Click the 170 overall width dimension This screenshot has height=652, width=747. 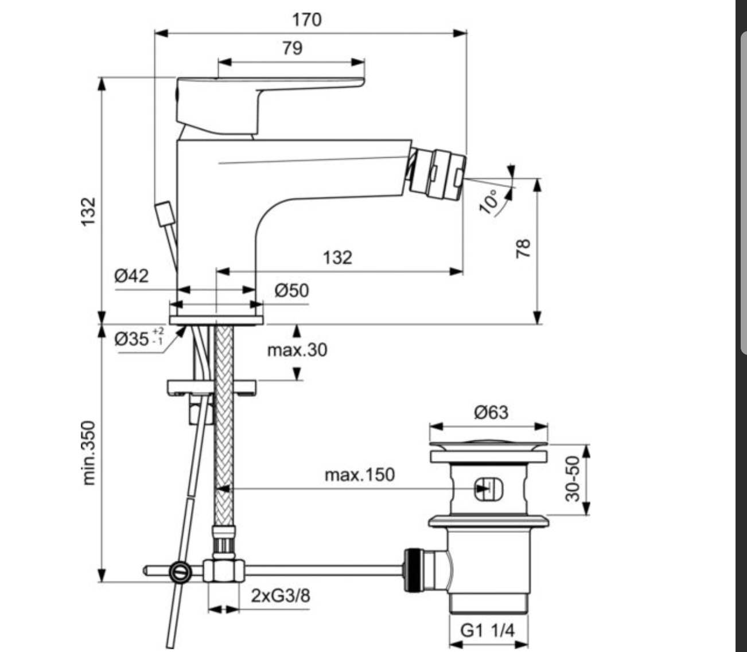pyautogui.click(x=307, y=20)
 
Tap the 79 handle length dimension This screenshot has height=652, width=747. pyautogui.click(x=292, y=48)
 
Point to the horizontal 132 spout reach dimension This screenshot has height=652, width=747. pyautogui.click(x=337, y=257)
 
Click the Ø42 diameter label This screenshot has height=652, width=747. pyautogui.click(x=131, y=276)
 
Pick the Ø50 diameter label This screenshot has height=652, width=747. pyautogui.click(x=291, y=291)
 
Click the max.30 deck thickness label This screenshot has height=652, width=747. pyautogui.click(x=297, y=349)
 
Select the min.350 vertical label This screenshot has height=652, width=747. pyautogui.click(x=88, y=452)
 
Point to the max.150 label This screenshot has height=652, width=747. pyautogui.click(x=360, y=475)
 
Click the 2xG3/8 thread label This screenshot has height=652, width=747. pyautogui.click(x=281, y=595)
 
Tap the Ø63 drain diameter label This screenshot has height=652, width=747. pyautogui.click(x=491, y=412)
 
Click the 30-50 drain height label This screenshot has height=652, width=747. pyautogui.click(x=573, y=479)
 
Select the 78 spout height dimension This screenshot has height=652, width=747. pyautogui.click(x=524, y=248)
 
